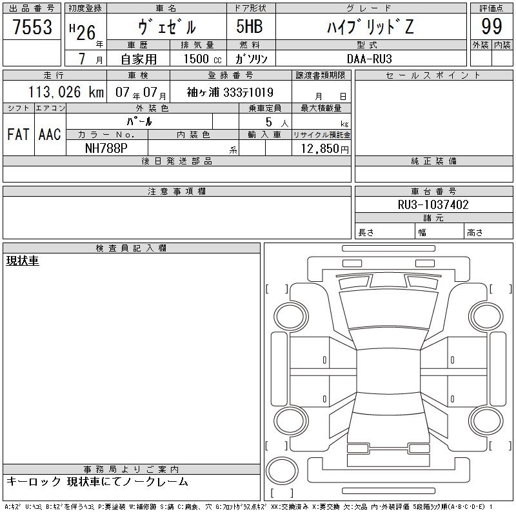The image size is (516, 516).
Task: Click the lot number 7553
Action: pos(32,26)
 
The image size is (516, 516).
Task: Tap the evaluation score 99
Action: pos(491,26)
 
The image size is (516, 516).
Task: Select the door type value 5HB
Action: pos(250,26)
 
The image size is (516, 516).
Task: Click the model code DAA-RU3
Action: pos(370,59)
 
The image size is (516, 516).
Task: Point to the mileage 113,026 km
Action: pos(66,92)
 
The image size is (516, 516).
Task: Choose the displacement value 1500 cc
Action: pos(203,59)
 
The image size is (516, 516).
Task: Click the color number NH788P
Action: pos(106,148)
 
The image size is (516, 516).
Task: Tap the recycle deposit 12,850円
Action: pos(324,149)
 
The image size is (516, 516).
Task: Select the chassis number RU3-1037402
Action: pos(433,204)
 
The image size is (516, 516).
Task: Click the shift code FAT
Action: pos(18,134)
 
